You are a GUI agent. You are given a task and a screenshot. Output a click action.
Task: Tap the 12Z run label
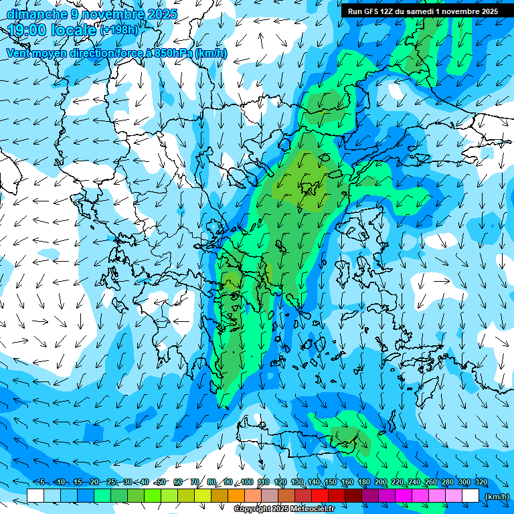coord(387,11)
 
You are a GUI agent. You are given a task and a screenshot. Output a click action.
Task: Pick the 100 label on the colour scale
coord(246,483)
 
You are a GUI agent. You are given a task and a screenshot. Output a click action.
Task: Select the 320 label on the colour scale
coord(481,483)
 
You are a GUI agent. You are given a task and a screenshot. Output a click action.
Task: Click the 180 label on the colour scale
coord(363,483)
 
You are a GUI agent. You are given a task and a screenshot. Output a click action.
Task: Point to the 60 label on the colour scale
coord(178,483)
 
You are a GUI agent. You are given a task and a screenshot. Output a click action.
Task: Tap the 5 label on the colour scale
coord(42,483)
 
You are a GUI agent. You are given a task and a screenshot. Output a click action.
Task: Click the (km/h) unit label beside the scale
coord(497,497)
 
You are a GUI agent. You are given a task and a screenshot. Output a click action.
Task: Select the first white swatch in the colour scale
coord(35,496)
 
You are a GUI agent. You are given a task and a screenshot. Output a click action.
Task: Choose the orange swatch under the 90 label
coord(236,496)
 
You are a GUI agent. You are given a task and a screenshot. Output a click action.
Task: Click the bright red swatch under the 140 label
coord(320,496)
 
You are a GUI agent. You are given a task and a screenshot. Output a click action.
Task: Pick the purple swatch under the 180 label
coord(370,496)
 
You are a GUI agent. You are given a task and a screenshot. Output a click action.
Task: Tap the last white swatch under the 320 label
coord(470,496)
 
